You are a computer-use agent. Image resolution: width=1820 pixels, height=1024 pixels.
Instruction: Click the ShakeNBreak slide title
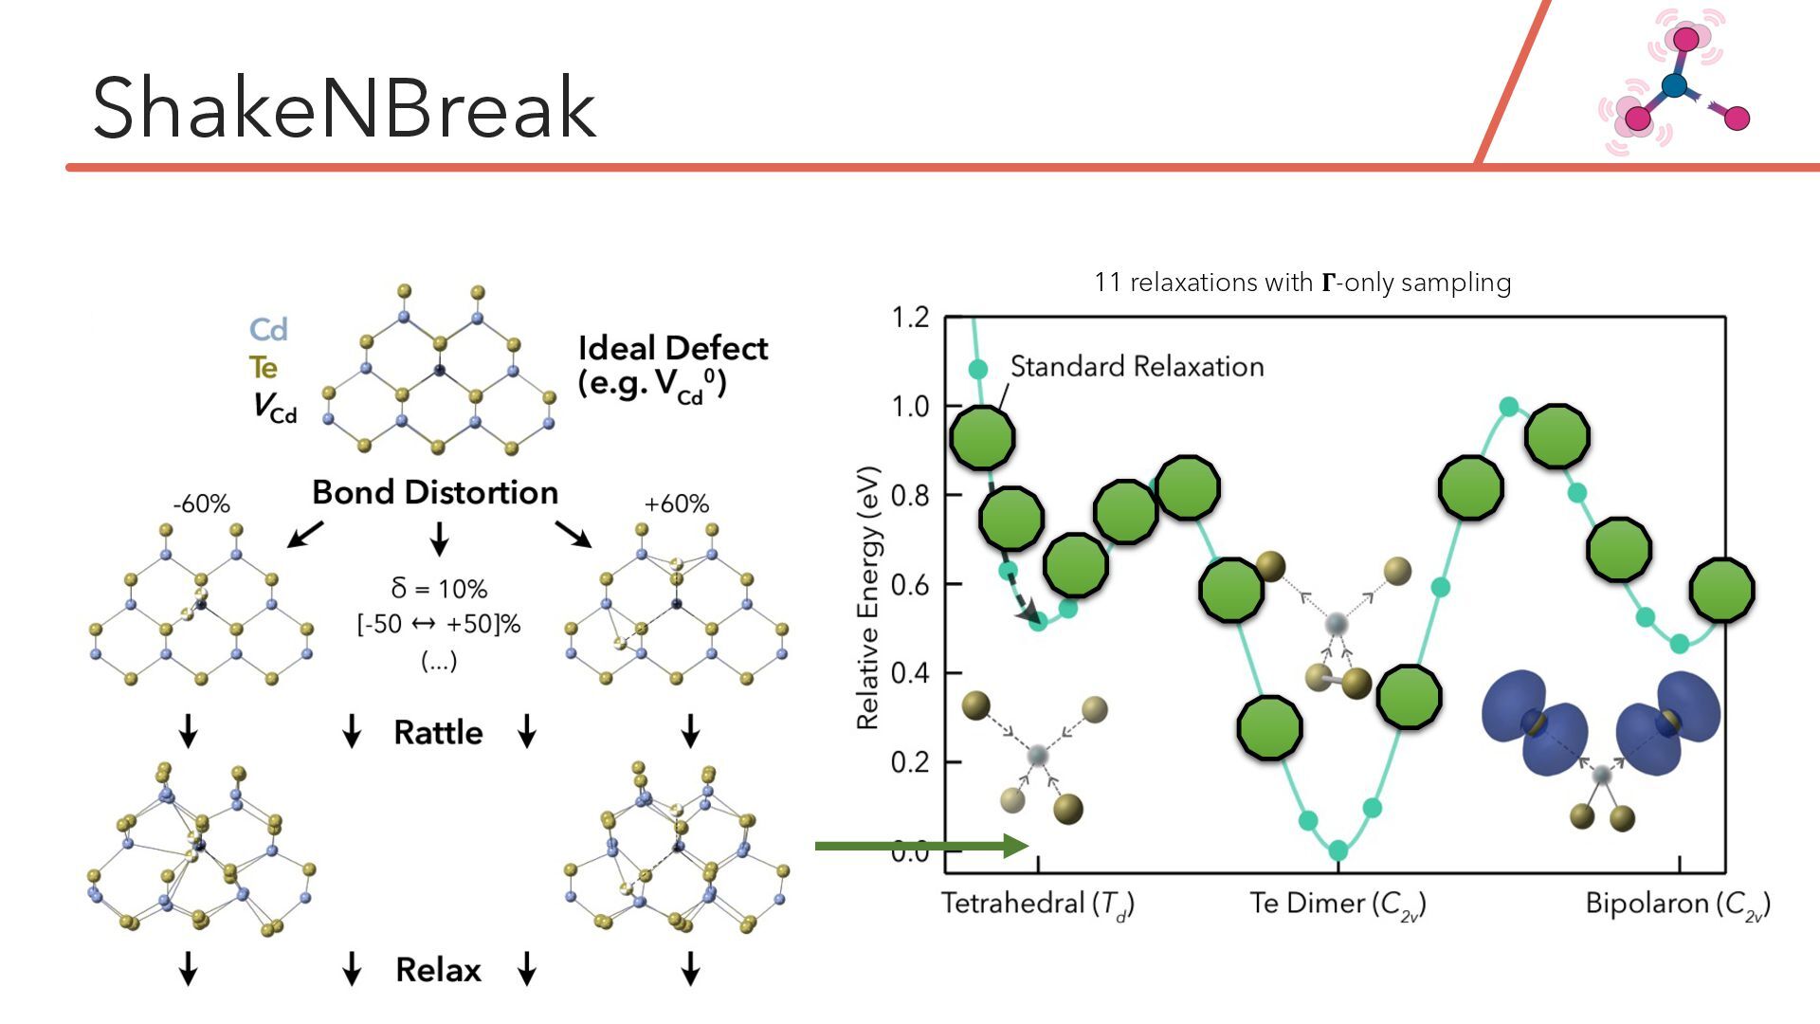pos(344,108)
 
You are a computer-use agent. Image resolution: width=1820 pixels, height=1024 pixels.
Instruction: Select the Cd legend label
pos(268,330)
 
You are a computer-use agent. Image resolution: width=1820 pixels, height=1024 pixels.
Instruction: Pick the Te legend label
pos(264,368)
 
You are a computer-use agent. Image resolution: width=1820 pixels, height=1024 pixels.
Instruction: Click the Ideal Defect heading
pos(672,349)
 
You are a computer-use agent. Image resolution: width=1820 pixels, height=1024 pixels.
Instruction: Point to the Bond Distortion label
pos(435,493)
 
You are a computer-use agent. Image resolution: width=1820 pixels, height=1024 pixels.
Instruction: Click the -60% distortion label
pos(201,504)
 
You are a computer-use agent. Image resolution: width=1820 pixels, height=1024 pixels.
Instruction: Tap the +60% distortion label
pos(676,504)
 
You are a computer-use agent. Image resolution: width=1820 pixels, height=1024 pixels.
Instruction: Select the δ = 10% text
pos(439,589)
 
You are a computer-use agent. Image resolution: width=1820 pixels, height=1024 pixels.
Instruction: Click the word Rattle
pos(438,733)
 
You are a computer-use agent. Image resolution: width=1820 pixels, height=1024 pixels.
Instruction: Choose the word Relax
pos(438,970)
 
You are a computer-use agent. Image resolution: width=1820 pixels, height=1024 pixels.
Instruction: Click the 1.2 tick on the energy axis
pos(910,318)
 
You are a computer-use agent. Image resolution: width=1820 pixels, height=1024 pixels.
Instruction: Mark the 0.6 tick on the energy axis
pos(910,584)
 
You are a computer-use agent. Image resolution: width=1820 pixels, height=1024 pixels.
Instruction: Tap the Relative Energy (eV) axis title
pos(867,597)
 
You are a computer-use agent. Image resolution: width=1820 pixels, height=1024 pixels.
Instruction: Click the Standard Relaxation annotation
pos(1137,367)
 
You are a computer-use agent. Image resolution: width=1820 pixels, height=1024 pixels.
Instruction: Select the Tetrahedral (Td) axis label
pos(1038,904)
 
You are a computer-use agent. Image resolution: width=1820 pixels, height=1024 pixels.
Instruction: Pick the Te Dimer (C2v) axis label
pos(1338,904)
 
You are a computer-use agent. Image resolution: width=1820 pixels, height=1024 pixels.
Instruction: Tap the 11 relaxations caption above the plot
pos(1302,283)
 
